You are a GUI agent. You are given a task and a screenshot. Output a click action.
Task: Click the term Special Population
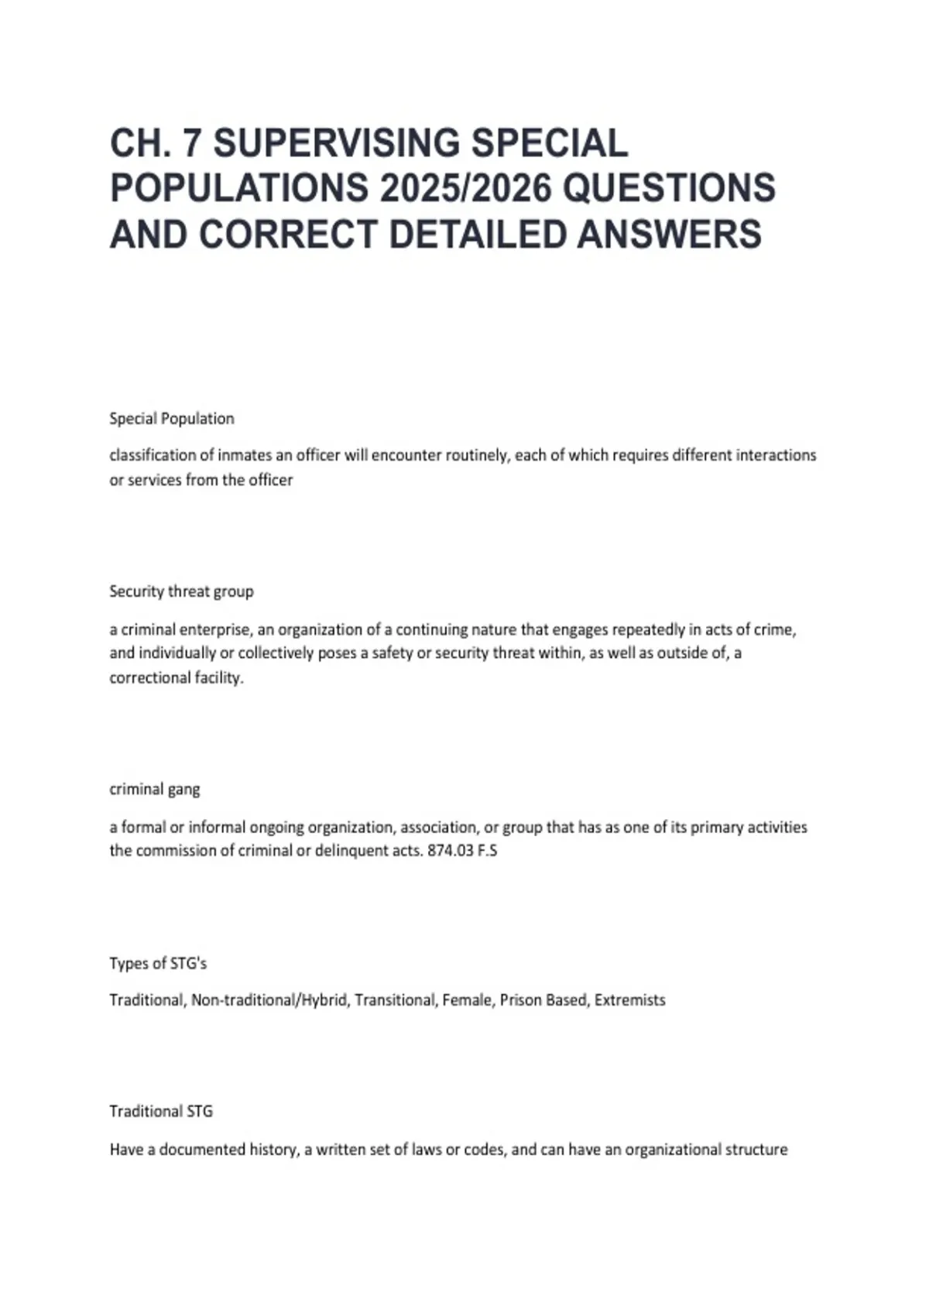coord(172,419)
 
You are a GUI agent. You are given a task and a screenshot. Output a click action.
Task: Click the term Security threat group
coord(181,591)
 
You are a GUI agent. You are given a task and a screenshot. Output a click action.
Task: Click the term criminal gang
coord(155,790)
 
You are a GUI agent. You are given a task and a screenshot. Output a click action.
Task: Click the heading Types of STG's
coord(158,964)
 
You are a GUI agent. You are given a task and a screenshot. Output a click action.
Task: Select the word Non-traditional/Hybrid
coord(269,1000)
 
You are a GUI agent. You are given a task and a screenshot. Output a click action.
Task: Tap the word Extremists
coord(629,1000)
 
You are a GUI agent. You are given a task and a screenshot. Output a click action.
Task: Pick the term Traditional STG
coord(161,1112)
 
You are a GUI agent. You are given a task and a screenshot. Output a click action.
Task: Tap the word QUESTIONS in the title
coord(669,189)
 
